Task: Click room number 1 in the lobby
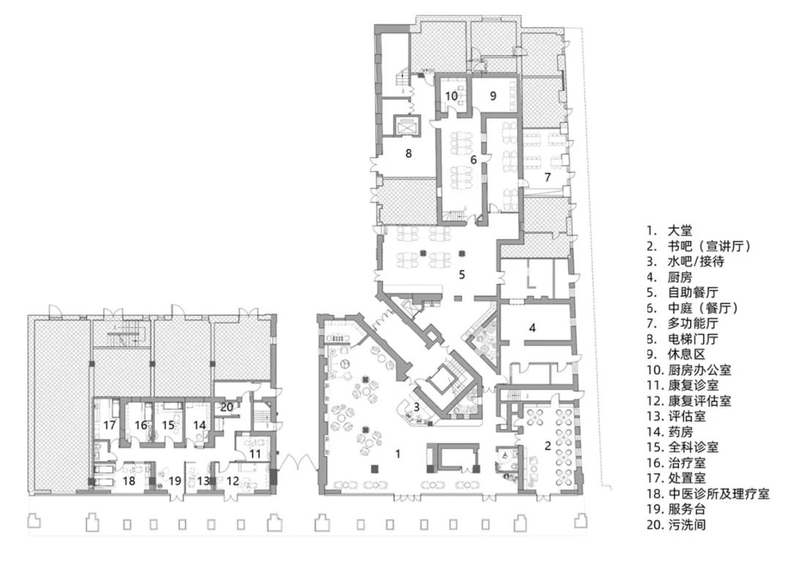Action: coord(398,454)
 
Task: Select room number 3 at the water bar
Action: coord(415,407)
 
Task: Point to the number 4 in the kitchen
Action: coord(533,328)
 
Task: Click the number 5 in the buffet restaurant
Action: coord(462,275)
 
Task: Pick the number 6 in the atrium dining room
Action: coord(473,159)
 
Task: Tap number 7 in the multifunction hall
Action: coord(546,178)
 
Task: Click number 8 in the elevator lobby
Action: coord(408,154)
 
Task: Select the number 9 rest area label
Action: coord(493,95)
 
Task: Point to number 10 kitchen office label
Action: coord(451,95)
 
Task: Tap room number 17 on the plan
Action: coord(110,425)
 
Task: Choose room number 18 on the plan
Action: coord(129,480)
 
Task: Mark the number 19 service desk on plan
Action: coord(174,480)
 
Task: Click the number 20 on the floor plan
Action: coord(227,407)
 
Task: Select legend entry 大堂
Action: coord(674,229)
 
